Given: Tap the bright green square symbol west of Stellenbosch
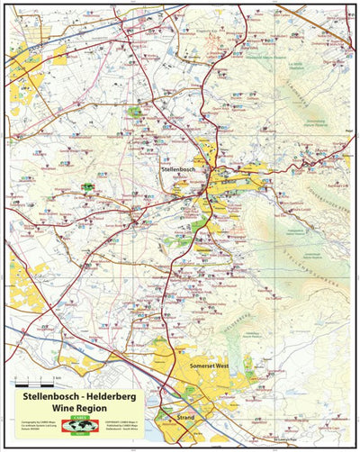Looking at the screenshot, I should pos(88,186).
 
